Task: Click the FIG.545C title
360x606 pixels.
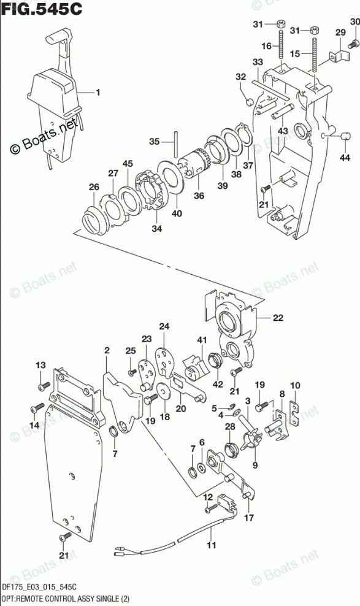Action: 42,9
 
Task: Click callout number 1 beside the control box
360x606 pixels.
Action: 98,93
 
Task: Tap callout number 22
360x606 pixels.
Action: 278,318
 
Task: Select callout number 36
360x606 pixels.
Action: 199,196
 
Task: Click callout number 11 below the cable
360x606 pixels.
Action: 212,545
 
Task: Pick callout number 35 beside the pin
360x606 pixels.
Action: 155,142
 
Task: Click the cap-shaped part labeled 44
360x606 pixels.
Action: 345,136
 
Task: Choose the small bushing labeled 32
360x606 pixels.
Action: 250,102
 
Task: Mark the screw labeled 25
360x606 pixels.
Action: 132,372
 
